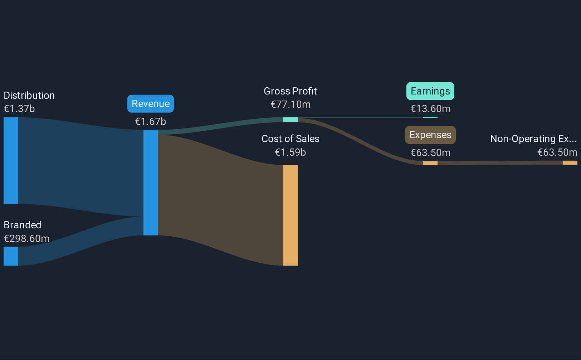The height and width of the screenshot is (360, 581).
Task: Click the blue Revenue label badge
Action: (150, 104)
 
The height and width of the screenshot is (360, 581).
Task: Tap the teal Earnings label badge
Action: (430, 91)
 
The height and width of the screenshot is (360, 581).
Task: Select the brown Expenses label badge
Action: (430, 135)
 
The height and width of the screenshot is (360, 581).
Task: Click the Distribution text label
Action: (29, 96)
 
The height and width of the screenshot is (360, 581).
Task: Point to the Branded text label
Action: (23, 225)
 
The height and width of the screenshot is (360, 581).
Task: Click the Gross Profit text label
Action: (290, 91)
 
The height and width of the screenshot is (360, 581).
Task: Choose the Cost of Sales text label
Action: (290, 139)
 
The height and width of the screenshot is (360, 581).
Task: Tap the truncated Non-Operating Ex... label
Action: (533, 139)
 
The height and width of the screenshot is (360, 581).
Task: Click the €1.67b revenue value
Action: (150, 122)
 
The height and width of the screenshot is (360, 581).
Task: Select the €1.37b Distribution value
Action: (19, 109)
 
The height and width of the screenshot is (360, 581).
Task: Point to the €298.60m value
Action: (26, 239)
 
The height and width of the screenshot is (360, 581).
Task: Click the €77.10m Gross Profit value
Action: (290, 104)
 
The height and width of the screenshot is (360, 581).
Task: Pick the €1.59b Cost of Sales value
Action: (290, 152)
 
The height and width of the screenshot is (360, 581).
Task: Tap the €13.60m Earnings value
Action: (430, 109)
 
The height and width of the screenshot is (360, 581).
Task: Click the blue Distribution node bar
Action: (11, 161)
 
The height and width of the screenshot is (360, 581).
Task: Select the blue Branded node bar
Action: (11, 256)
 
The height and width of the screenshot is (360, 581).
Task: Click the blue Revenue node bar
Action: (150, 183)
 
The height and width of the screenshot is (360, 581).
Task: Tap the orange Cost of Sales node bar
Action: (290, 215)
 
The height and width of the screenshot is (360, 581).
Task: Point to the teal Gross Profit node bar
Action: (290, 120)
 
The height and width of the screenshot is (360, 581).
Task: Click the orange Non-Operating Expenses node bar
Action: (570, 162)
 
